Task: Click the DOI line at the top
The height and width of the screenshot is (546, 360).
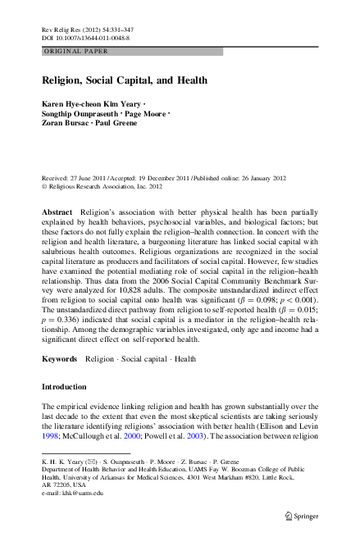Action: click(x=88, y=38)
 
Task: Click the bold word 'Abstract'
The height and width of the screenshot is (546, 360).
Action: click(x=57, y=212)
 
